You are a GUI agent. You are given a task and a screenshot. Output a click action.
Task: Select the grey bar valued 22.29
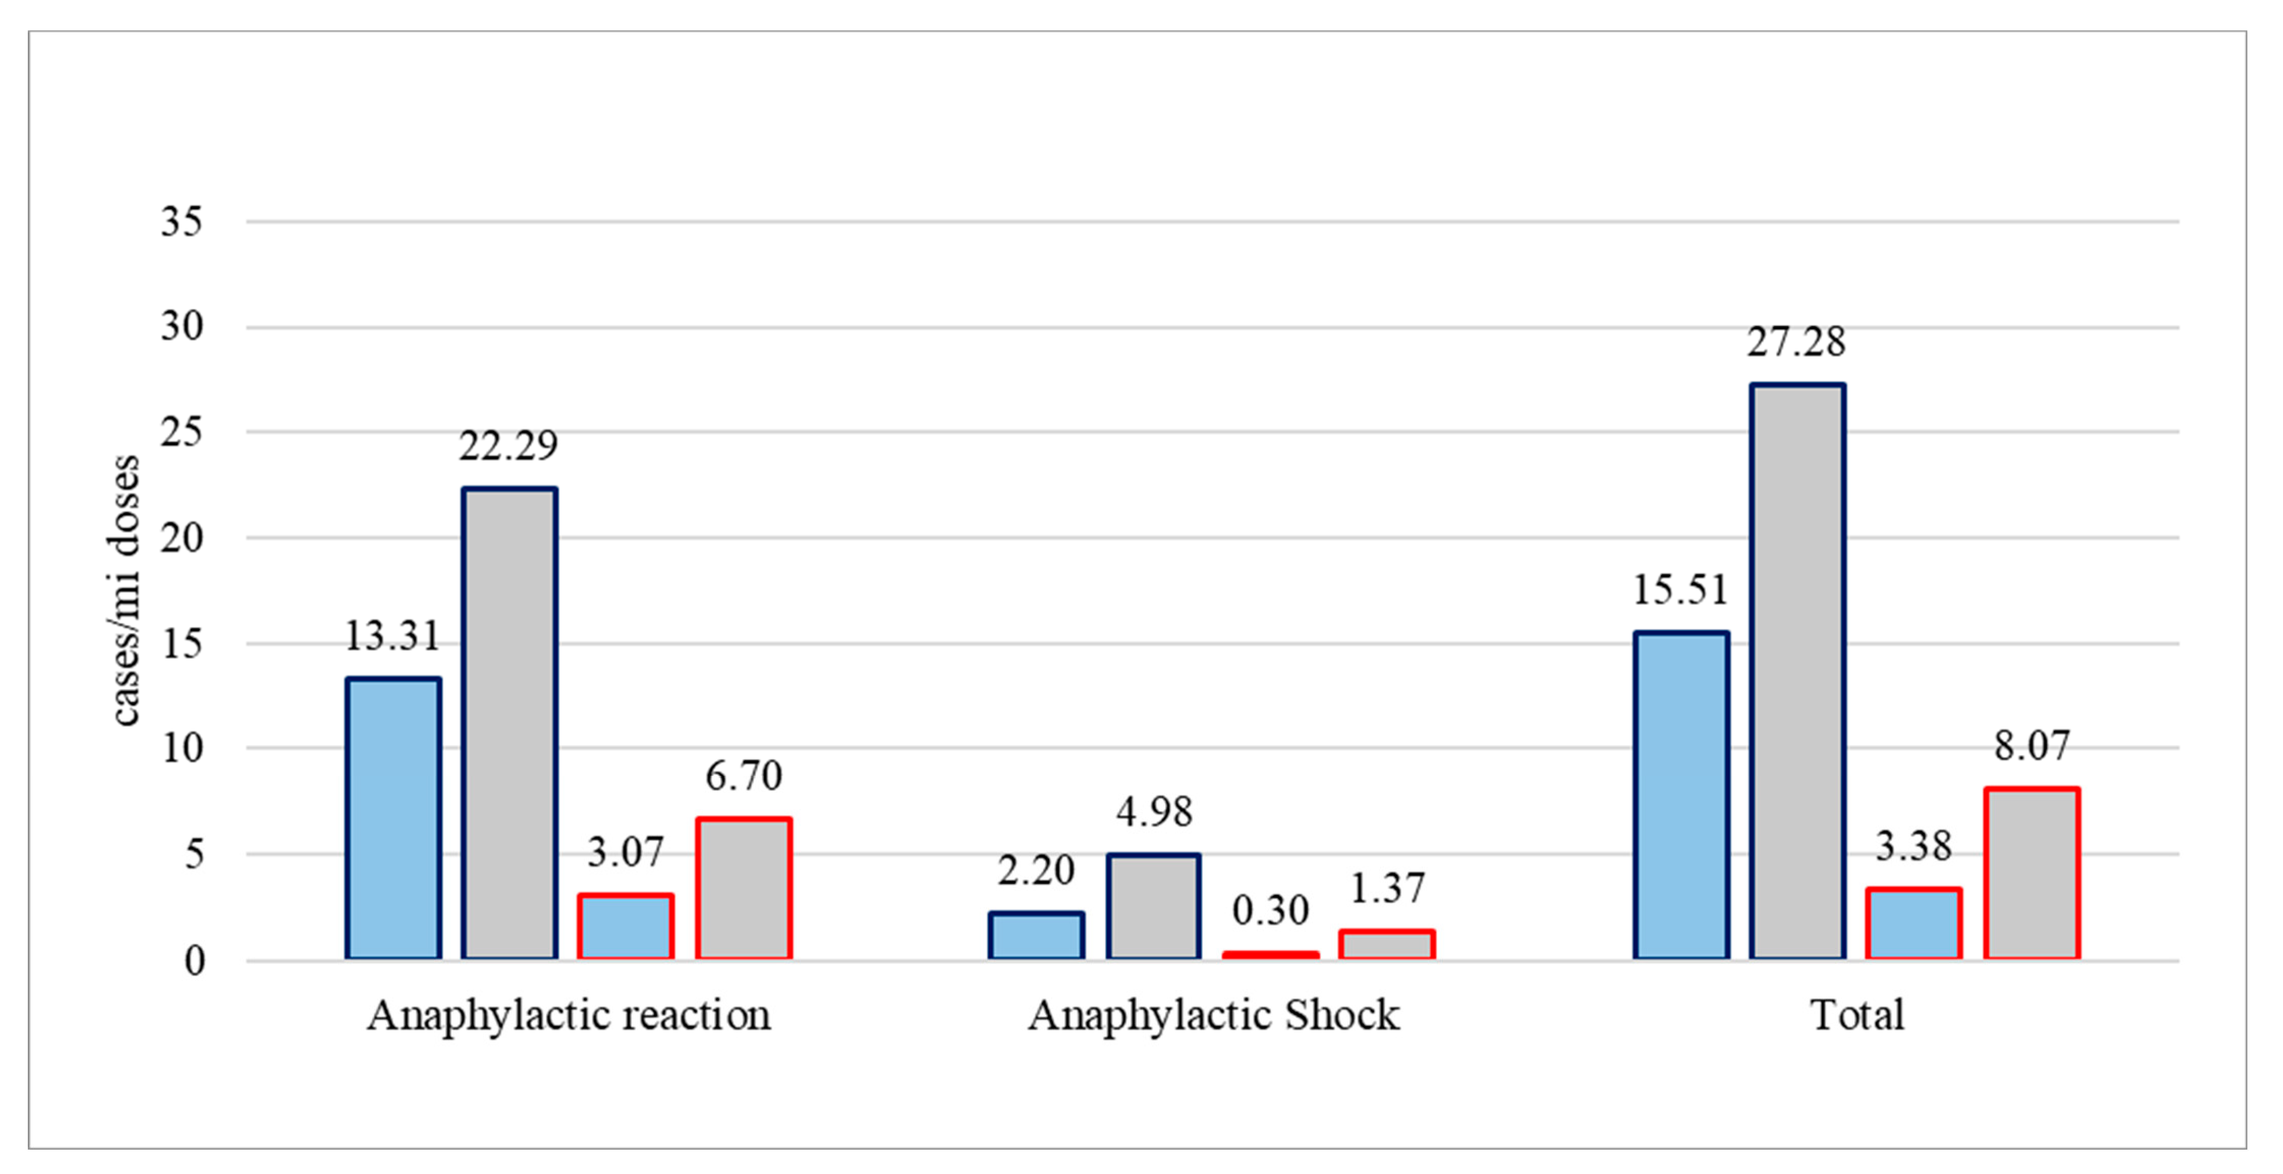pyautogui.click(x=510, y=723)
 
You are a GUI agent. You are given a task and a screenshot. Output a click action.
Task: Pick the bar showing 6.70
pyautogui.click(x=744, y=888)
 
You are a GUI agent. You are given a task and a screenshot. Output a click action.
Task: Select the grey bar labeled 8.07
pyautogui.click(x=2032, y=873)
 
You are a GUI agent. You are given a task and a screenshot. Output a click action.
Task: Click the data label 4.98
pyautogui.click(x=1154, y=812)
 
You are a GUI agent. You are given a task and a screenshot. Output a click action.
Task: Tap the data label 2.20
pyautogui.click(x=1036, y=870)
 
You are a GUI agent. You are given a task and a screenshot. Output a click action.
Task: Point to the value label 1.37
pyautogui.click(x=1387, y=888)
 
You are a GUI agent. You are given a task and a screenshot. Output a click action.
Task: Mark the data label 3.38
pyautogui.click(x=1913, y=846)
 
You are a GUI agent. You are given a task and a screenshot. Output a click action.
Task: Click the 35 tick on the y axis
pyautogui.click(x=182, y=221)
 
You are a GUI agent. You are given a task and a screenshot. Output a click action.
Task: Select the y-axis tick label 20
pyautogui.click(x=182, y=538)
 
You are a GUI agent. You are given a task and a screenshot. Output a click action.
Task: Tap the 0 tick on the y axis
pyautogui.click(x=194, y=960)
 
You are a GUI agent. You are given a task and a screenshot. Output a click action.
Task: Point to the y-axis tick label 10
pyautogui.click(x=182, y=749)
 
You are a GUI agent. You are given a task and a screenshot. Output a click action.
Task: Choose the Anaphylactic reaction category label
pyautogui.click(x=569, y=1015)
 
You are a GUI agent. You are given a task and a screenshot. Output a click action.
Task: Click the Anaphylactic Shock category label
pyautogui.click(x=1214, y=1015)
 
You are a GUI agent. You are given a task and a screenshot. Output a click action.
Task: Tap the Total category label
pyautogui.click(x=1857, y=1015)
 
